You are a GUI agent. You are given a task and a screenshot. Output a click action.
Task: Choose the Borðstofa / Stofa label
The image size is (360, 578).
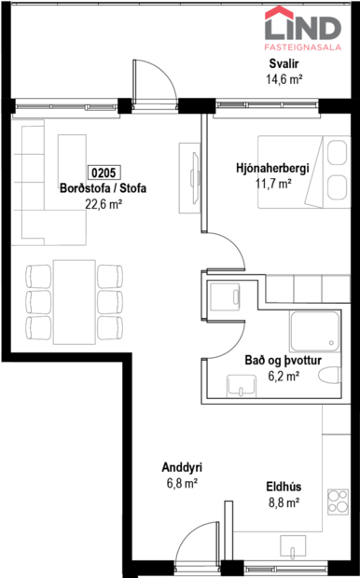(103, 187)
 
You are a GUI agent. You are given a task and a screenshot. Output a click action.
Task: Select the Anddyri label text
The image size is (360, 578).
(176, 468)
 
